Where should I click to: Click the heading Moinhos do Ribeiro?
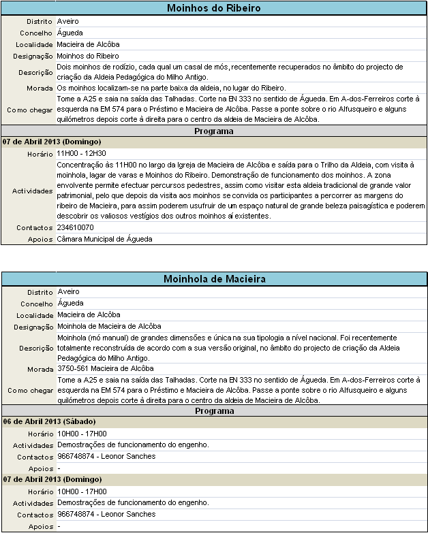(x=213, y=8)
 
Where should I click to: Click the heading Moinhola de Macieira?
(x=213, y=279)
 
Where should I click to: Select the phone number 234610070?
(x=76, y=227)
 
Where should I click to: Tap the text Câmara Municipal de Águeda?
(x=104, y=239)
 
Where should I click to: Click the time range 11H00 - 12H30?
(x=81, y=153)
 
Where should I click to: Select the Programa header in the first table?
(x=213, y=131)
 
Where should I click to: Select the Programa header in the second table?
(x=213, y=412)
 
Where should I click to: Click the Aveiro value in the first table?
(x=67, y=22)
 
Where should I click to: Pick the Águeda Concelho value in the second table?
(x=70, y=304)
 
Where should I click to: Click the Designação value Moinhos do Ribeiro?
(x=87, y=56)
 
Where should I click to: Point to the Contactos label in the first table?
(x=35, y=227)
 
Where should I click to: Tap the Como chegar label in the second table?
(x=30, y=391)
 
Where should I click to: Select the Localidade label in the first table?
(x=34, y=45)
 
